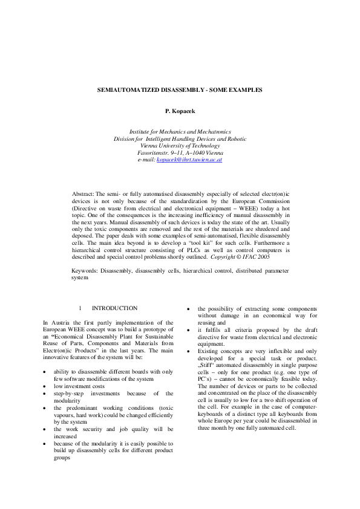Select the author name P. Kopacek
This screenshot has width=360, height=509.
[180, 112]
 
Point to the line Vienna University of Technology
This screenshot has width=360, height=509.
[180, 145]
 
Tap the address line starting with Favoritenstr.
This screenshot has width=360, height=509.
[180, 152]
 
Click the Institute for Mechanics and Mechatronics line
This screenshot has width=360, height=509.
[180, 131]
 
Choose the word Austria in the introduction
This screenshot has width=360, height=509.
[58, 323]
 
